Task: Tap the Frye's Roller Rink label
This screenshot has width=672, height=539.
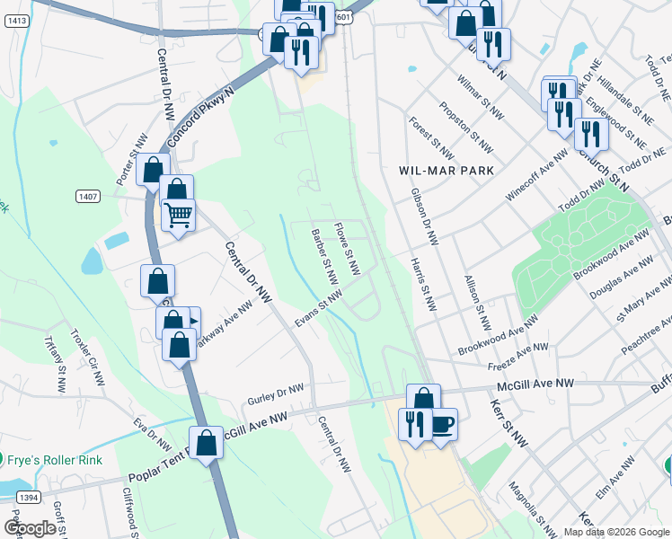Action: [x=56, y=459]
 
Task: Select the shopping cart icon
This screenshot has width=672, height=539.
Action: [x=179, y=215]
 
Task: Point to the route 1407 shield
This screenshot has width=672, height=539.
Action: [x=88, y=197]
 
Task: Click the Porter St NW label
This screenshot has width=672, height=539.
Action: [x=131, y=160]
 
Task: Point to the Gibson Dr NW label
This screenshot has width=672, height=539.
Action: [x=424, y=216]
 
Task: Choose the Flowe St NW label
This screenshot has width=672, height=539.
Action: [x=346, y=249]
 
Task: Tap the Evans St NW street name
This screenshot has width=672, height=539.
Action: [x=321, y=308]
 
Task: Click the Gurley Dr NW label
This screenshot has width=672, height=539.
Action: [x=278, y=392]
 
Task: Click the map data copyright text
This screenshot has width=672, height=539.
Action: [x=615, y=531]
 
